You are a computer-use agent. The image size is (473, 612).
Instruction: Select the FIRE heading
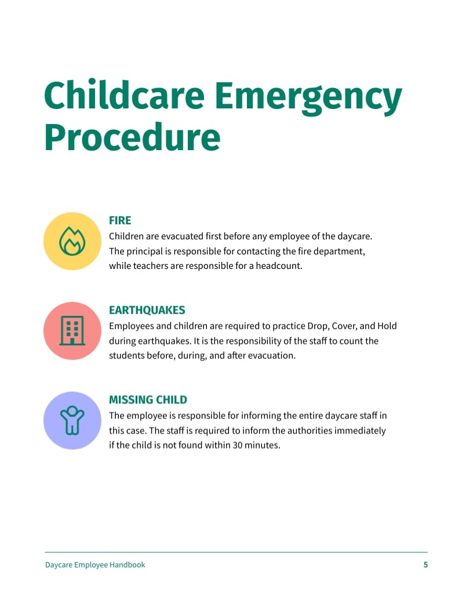[120, 220]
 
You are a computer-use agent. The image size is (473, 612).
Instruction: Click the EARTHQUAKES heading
[147, 310]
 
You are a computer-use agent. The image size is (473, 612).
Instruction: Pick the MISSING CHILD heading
[148, 400]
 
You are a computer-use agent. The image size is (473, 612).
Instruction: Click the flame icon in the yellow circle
[72, 241]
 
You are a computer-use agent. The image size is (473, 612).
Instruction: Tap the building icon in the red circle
[72, 331]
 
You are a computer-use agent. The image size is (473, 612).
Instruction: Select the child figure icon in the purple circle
[72, 420]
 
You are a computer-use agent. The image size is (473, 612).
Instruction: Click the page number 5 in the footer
[425, 564]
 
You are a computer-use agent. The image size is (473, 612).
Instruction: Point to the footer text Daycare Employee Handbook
[95, 564]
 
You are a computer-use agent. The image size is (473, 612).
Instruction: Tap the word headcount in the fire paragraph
[281, 267]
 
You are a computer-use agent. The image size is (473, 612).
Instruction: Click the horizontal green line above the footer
[237, 552]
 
